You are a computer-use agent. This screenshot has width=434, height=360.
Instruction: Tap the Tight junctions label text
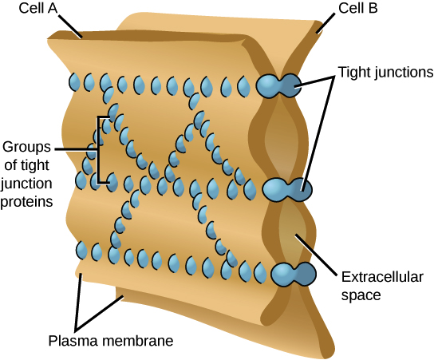[x=383, y=71]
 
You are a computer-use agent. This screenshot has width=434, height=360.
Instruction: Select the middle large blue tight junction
[x=286, y=189]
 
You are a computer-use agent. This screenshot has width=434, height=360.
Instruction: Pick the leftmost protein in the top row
[x=74, y=81]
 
